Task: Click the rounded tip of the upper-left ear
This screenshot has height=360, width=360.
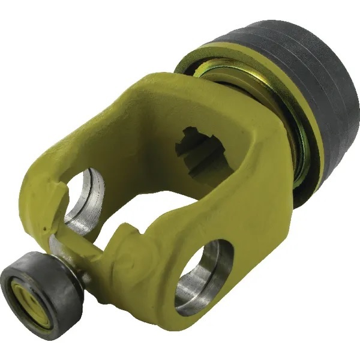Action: click(x=36, y=198)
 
